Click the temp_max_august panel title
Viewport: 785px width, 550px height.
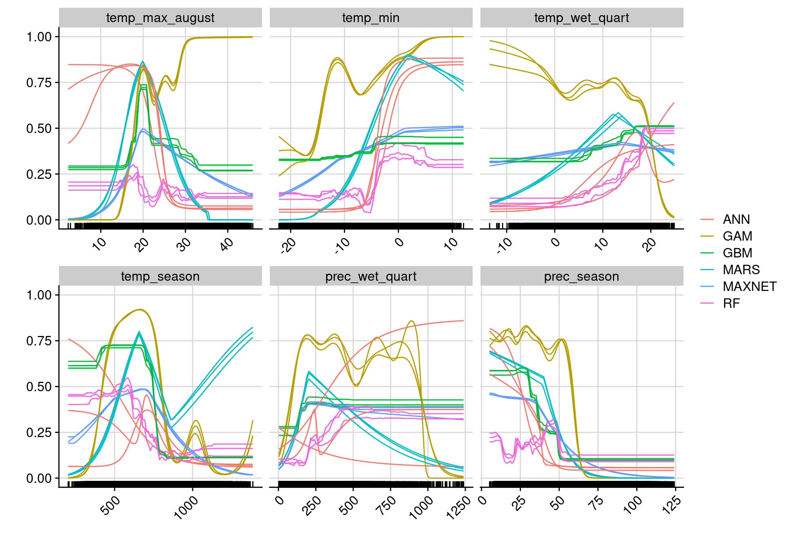point(160,18)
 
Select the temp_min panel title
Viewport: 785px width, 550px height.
point(371,18)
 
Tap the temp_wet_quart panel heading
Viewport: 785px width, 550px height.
point(581,18)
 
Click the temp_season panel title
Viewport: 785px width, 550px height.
point(160,277)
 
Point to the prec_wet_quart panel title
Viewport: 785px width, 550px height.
point(371,277)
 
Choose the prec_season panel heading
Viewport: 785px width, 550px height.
point(581,277)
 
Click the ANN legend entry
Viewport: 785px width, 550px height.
point(736,220)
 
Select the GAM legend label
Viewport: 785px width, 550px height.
point(737,237)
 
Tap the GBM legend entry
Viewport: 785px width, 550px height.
point(737,253)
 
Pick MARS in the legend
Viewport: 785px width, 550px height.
point(741,270)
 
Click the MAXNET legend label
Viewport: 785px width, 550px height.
point(749,287)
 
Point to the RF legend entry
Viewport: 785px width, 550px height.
point(731,304)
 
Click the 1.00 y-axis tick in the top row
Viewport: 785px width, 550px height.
point(39,37)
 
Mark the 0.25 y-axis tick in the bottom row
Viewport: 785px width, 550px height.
point(39,433)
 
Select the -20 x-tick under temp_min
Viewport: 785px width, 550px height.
point(288,246)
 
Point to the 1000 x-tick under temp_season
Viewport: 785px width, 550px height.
point(186,507)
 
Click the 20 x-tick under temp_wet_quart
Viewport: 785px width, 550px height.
point(648,245)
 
